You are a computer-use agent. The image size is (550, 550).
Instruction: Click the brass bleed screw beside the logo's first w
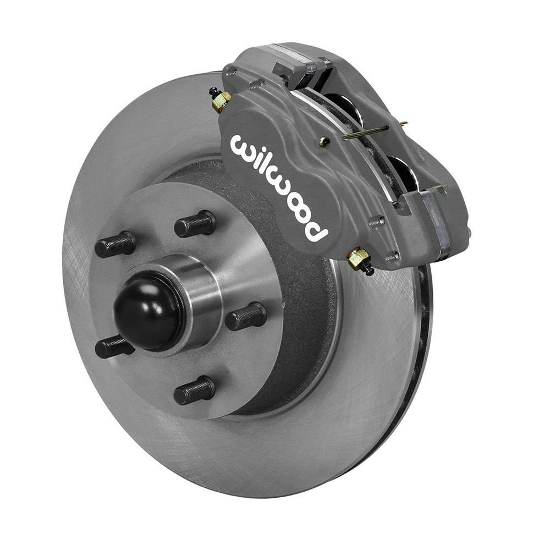[x=221, y=100]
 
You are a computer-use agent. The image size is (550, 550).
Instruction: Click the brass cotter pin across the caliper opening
[x=374, y=131]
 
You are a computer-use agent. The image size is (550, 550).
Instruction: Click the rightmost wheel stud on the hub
[x=246, y=316]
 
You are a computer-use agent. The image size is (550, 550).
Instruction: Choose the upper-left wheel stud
[x=115, y=245]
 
